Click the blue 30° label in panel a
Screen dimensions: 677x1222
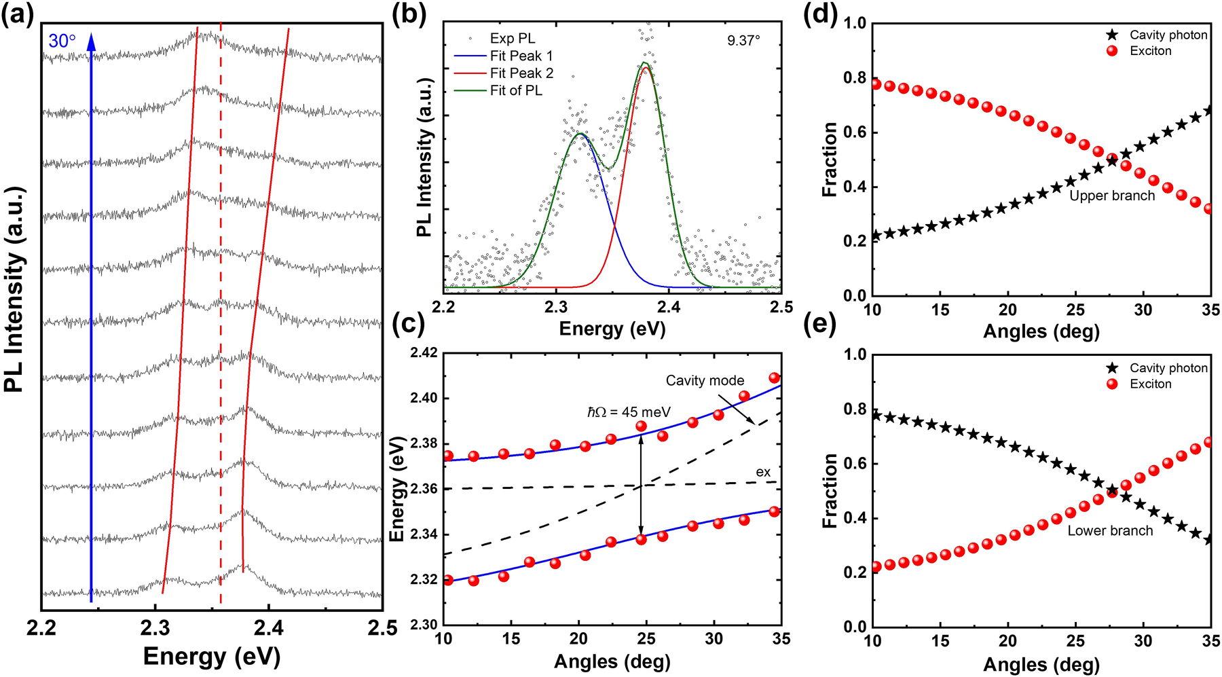click(x=62, y=41)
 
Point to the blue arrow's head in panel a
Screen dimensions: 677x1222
click(x=92, y=41)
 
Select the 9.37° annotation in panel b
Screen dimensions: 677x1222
click(x=743, y=41)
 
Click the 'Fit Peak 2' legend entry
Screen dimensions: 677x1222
click(x=521, y=73)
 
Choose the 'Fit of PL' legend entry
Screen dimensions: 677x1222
click(x=516, y=90)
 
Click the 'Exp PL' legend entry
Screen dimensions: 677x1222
click(x=512, y=39)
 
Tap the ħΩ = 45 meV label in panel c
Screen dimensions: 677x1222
click(x=629, y=412)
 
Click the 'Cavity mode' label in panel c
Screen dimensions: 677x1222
click(x=705, y=381)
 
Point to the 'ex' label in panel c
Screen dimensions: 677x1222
click(x=763, y=472)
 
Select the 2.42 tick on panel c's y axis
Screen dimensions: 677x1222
click(x=424, y=354)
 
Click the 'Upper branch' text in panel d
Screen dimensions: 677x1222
click(x=1112, y=196)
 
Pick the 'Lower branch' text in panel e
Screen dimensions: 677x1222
click(x=1110, y=531)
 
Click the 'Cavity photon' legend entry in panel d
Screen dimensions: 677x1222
click(x=1168, y=35)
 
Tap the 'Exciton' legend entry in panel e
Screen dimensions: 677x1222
click(x=1150, y=384)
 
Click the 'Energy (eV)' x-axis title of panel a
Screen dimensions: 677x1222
click(x=212, y=657)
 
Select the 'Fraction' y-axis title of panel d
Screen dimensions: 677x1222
click(x=829, y=160)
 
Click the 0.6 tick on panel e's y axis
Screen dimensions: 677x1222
click(x=854, y=464)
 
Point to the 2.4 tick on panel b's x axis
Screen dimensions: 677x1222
click(x=669, y=308)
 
